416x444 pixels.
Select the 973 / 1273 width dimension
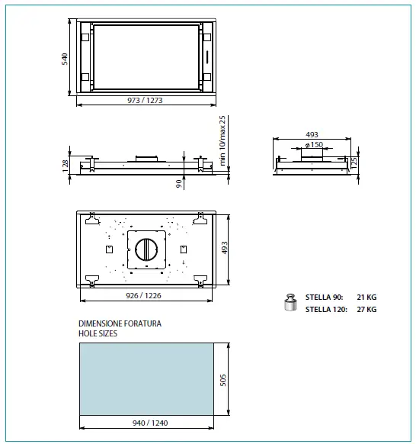coord(145,101)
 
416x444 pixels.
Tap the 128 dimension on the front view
coord(67,163)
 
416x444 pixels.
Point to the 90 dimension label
coord(178,183)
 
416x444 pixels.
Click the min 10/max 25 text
coord(223,140)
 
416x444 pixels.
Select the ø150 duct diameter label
coord(312,145)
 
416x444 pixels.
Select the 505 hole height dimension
coord(223,379)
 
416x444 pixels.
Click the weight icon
coord(289,303)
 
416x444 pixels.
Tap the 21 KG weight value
coord(366,297)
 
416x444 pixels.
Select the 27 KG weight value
coord(366,310)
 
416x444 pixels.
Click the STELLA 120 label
coord(325,310)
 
